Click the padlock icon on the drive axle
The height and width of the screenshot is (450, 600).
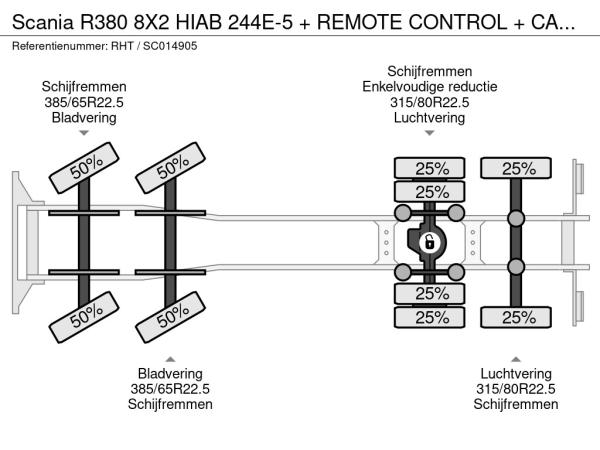[x=428, y=242]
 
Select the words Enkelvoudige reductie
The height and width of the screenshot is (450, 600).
[x=429, y=86]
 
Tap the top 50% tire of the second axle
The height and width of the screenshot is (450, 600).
[x=172, y=165]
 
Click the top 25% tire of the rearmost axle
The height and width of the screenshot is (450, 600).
[x=517, y=168]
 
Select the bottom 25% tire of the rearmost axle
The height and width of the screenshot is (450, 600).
[x=517, y=317]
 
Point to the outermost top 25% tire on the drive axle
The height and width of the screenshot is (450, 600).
[x=430, y=168]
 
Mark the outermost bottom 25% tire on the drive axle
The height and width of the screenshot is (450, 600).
[x=430, y=317]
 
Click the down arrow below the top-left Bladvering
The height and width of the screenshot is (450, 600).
[x=84, y=133]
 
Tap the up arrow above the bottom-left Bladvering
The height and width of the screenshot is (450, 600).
[x=171, y=358]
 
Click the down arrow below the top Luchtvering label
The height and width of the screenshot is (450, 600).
[x=429, y=133]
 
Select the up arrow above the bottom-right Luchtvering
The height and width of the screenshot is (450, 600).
[x=516, y=358]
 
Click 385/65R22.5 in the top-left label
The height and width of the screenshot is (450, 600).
[x=84, y=102]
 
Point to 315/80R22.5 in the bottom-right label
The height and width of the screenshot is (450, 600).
[x=516, y=388]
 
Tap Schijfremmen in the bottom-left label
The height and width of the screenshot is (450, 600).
[x=170, y=404]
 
